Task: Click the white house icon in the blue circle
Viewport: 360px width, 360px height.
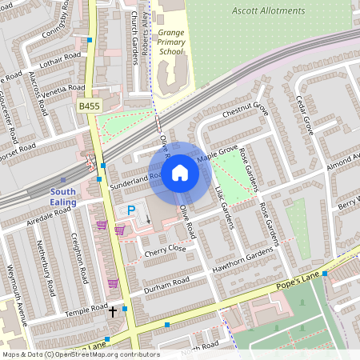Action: (180, 171)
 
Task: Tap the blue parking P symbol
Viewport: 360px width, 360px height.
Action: (130, 210)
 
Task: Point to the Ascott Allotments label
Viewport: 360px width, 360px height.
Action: (268, 11)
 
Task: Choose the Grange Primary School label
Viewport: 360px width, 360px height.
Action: (170, 42)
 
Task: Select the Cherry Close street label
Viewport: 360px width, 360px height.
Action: (165, 250)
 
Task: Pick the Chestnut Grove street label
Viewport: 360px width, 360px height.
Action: (245, 110)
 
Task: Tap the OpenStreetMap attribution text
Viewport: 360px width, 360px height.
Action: (80, 354)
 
